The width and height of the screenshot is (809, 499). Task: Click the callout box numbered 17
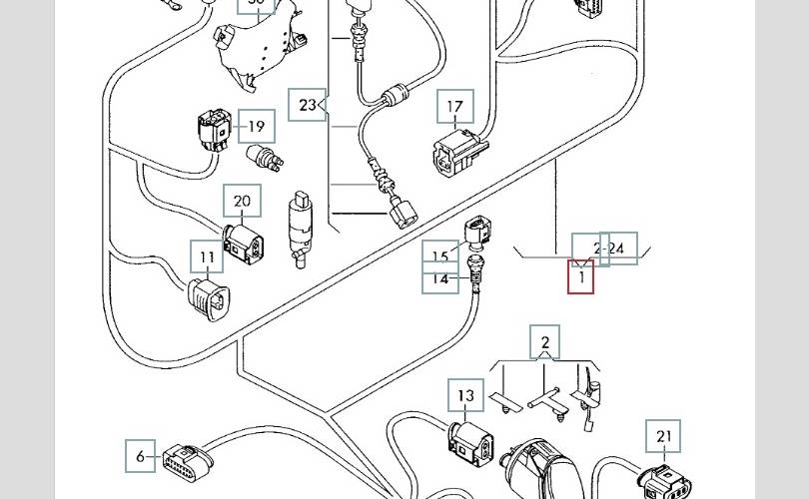tap(454, 107)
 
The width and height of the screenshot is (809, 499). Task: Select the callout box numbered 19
tap(257, 127)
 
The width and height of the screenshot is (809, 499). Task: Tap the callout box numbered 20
tap(242, 201)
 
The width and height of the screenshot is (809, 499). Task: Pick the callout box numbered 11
tap(207, 257)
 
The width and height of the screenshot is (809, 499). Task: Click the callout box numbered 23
tap(307, 105)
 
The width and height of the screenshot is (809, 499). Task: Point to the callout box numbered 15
tap(440, 256)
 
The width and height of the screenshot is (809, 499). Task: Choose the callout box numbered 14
tap(440, 280)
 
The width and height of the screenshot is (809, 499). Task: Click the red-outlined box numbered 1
tap(581, 276)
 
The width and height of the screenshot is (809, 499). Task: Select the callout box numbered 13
tap(466, 396)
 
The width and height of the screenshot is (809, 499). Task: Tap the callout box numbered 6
tap(141, 457)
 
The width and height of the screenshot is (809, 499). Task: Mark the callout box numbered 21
tap(664, 437)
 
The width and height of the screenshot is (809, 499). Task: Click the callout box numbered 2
tap(544, 342)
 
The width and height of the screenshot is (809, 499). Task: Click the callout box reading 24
tap(619, 249)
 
